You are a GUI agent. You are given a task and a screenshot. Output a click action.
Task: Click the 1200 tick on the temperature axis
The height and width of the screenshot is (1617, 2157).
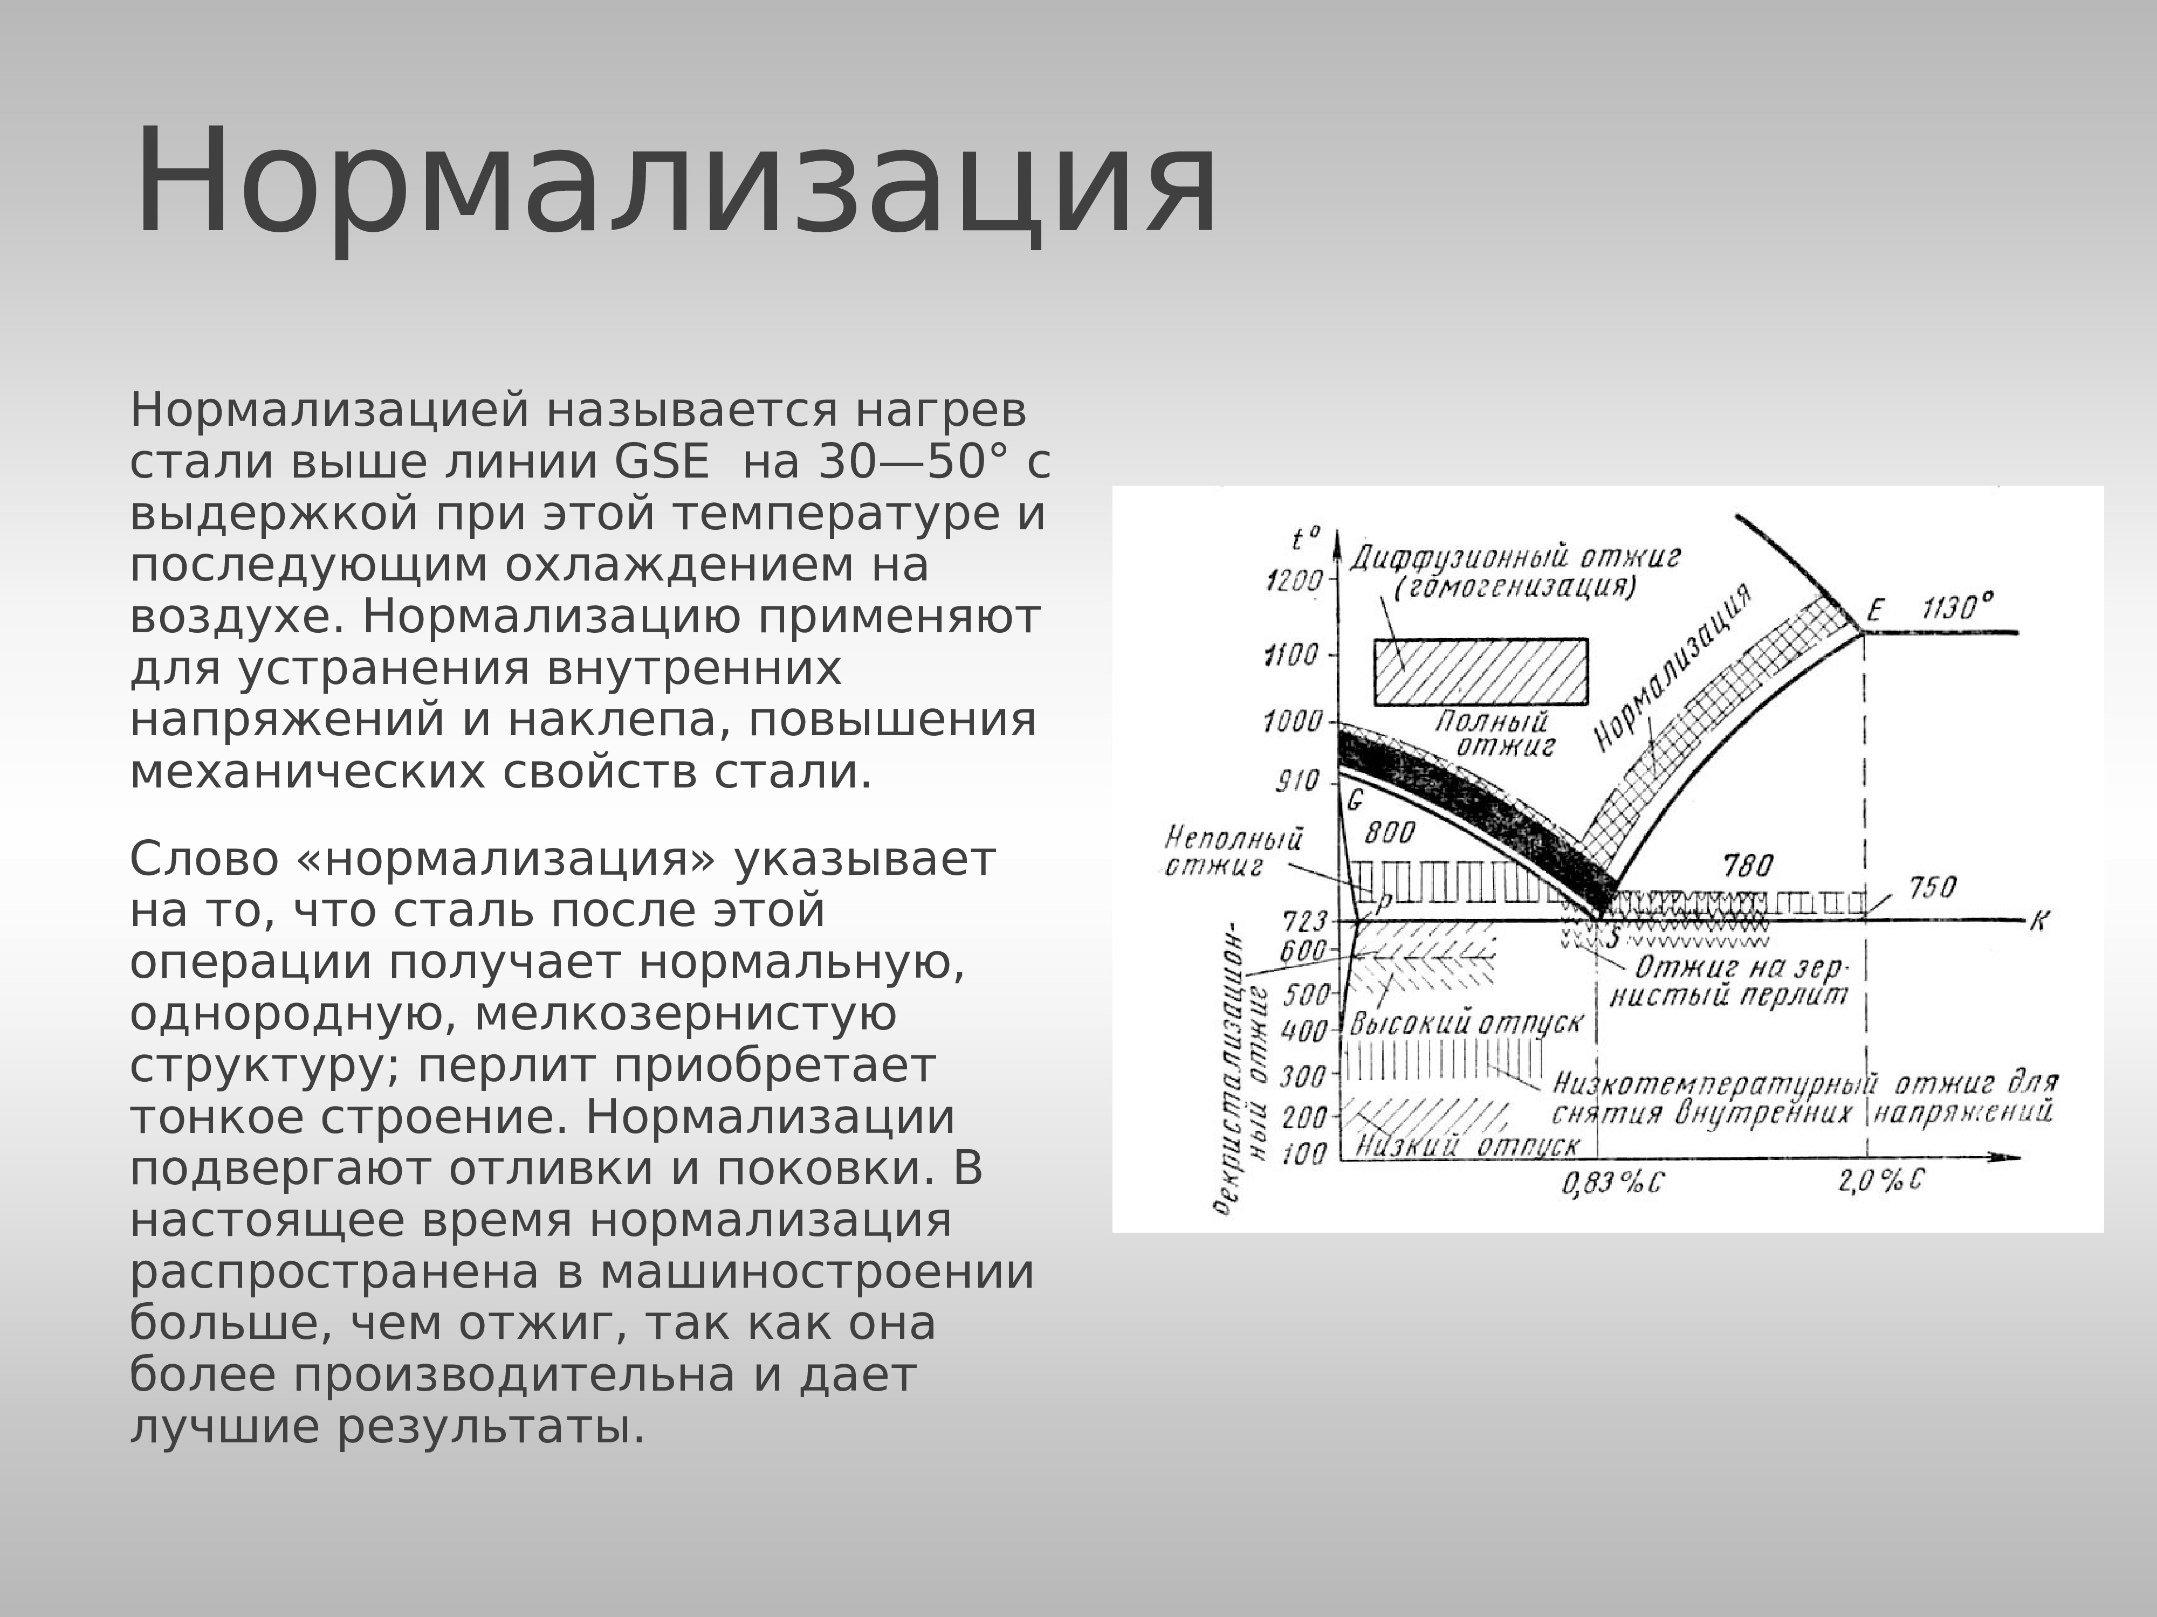(1293, 582)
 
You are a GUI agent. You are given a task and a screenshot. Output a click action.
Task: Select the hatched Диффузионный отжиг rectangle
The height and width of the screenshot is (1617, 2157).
(1480, 672)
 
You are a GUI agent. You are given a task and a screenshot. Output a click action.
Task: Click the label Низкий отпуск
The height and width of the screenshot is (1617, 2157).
(1468, 1145)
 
